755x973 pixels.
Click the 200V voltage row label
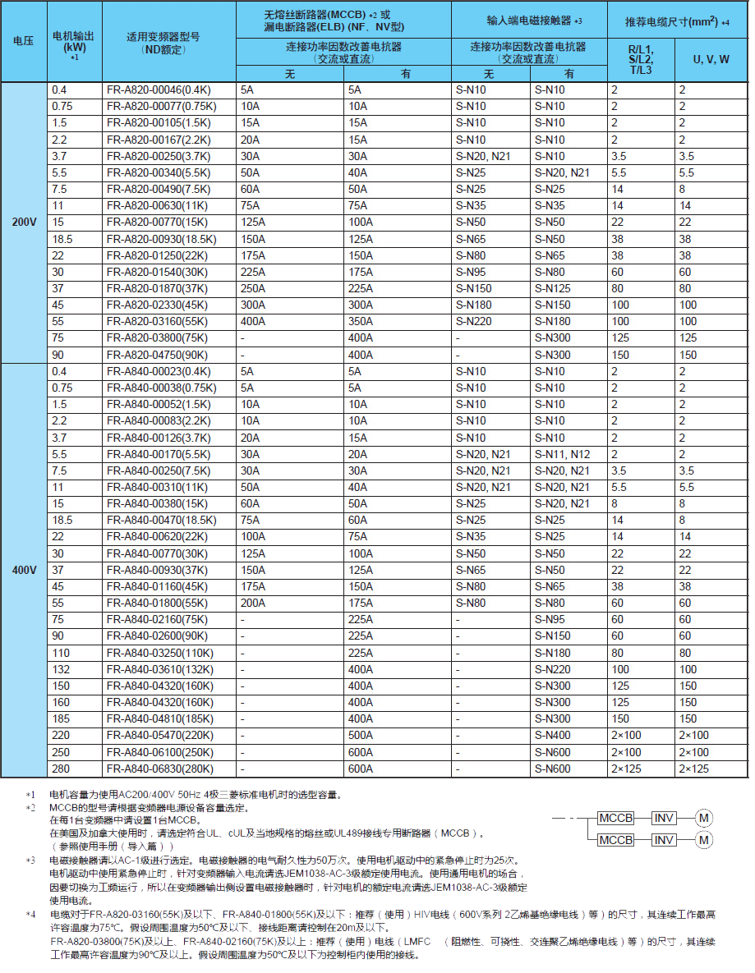(x=24, y=222)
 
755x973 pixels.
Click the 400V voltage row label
(x=24, y=569)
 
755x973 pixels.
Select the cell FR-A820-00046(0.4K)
(x=157, y=89)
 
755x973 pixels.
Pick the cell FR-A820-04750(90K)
(x=155, y=355)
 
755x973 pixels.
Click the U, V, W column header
(x=711, y=60)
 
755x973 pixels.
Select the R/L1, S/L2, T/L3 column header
(x=640, y=60)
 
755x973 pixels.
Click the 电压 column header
(x=24, y=41)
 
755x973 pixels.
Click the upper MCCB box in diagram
(x=615, y=818)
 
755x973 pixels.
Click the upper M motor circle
(x=704, y=818)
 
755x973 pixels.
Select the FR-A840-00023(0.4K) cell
(x=157, y=371)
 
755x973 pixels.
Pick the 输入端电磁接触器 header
(x=528, y=20)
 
